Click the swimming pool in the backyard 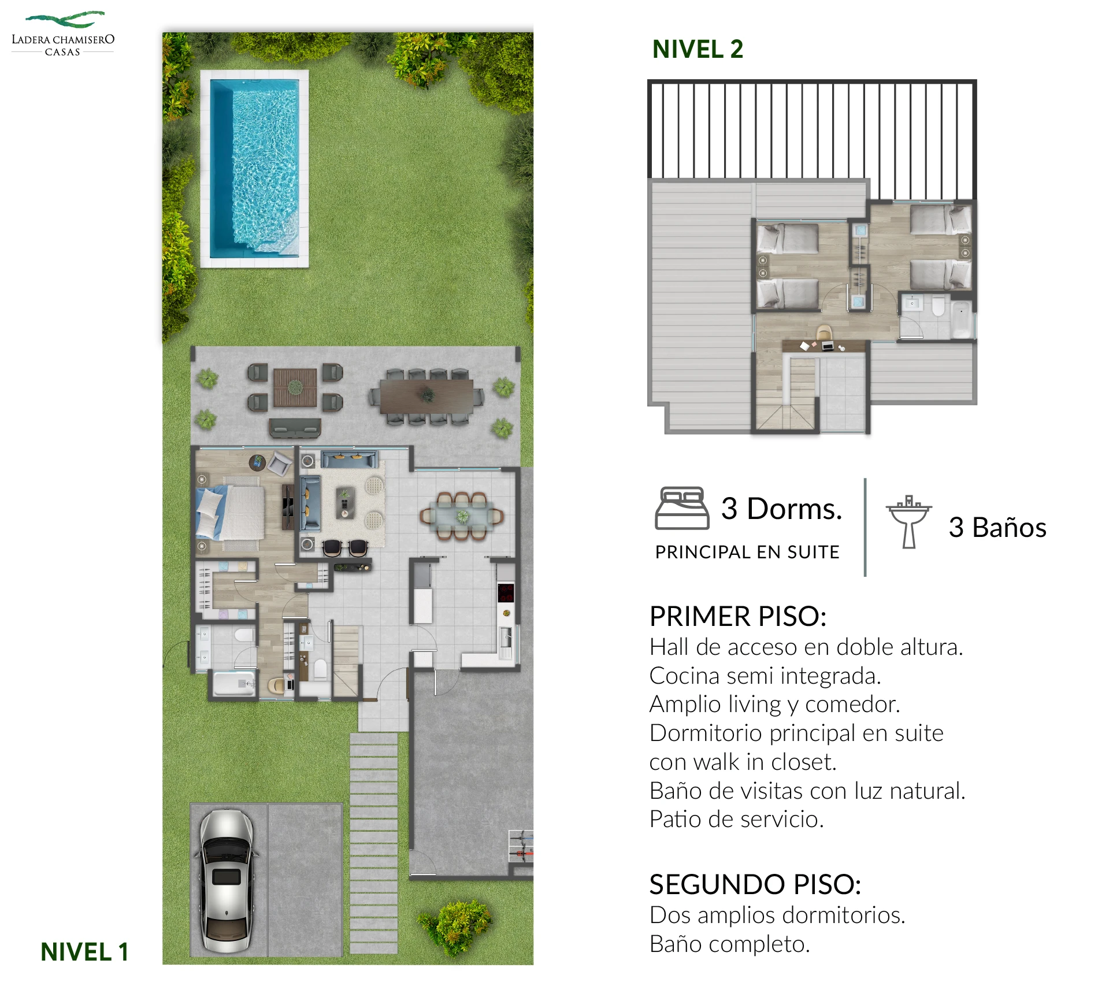254,169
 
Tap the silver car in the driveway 226,882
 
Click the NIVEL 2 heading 698,49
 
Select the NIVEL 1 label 84,952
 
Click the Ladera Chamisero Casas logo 63,34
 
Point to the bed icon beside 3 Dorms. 682,508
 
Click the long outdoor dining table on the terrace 427,396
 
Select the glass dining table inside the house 462,516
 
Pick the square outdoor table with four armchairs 295,387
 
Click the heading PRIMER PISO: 738,616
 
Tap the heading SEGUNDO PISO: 755,884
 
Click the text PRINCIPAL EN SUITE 747,552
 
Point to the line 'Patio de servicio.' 737,819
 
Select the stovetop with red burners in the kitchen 506,592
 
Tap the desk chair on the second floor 824,332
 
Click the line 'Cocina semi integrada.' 765,676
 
